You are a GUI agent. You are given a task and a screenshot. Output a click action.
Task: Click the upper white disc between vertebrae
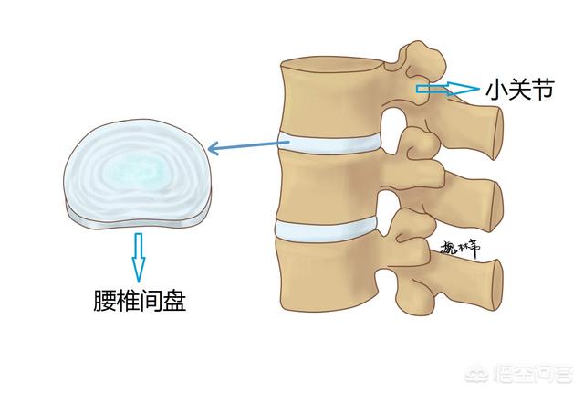[328, 145]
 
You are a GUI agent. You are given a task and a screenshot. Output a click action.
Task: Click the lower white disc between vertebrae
[327, 229]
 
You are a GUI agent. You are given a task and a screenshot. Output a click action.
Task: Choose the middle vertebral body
[325, 187]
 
